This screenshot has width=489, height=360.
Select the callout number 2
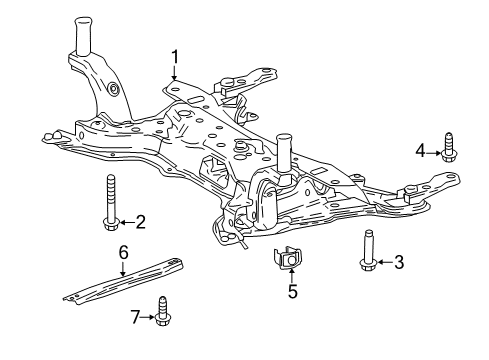140,221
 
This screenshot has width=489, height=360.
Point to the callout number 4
421,151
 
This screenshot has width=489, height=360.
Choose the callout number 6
122,254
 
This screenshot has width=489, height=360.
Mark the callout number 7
134,318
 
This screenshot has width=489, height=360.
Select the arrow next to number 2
126,221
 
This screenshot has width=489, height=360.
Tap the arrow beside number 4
433,151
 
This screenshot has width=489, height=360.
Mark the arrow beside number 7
147,318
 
